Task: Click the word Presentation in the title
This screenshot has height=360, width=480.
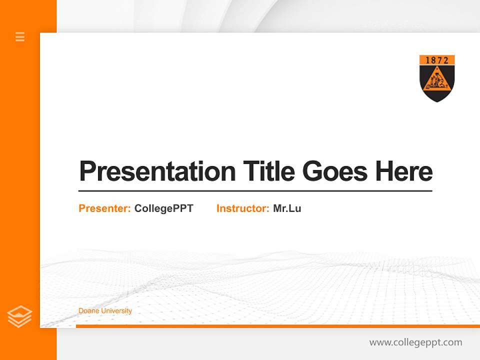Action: coord(157,171)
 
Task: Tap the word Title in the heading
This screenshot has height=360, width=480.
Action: coord(268,171)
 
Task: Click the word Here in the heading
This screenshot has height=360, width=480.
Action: coord(404,171)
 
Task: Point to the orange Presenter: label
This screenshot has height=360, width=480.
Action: coord(104,208)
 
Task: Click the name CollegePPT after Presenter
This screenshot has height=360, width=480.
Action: coord(163,208)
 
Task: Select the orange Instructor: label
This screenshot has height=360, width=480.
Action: coord(242,208)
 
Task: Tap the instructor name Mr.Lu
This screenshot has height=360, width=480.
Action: coord(287,208)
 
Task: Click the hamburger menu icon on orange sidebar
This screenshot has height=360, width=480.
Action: coord(20,36)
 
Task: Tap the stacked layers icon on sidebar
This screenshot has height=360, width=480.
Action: coord(19,316)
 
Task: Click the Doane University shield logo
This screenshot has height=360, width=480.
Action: coord(437,78)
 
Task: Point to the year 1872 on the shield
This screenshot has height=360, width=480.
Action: coord(437,60)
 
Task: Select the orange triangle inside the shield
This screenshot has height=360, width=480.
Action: coord(437,81)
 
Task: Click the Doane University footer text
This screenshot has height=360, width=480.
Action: coord(105,311)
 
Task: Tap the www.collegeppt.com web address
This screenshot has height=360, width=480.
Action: coord(415,342)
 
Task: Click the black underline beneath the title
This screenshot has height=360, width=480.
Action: coord(255,191)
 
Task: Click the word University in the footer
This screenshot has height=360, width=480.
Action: coord(116,311)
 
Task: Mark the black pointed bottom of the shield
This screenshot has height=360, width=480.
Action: coord(437,98)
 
